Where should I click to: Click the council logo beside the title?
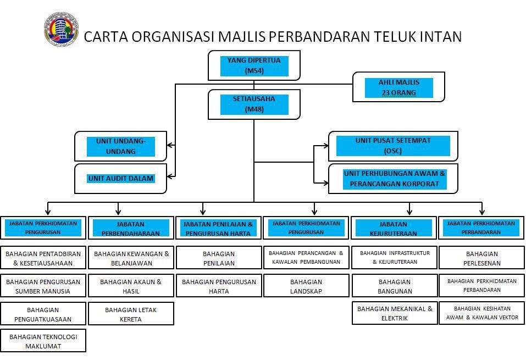pos(61,30)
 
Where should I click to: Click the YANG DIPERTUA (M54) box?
pos(254,65)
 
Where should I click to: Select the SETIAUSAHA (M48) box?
pos(254,104)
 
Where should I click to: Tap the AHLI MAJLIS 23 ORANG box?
pos(398,87)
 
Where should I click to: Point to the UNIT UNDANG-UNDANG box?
pos(121,146)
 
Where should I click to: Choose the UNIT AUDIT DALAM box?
pos(121,179)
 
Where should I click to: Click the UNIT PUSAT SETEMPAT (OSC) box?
pos(393,146)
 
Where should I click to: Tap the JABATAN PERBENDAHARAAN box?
pos(131,228)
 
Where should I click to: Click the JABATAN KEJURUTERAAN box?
pos(394,228)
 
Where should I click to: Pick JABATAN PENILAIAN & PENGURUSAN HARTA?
pos(218,228)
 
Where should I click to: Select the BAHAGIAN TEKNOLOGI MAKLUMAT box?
pos(43,341)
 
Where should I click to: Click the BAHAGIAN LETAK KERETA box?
pos(131,314)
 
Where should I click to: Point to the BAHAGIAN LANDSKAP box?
pos(306,286)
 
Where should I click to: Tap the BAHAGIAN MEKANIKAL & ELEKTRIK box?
pos(394,313)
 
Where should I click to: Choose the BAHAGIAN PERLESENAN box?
pos(481,258)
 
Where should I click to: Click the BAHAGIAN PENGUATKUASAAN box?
pos(43,314)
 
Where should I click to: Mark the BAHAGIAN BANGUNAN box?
pos(394,286)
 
